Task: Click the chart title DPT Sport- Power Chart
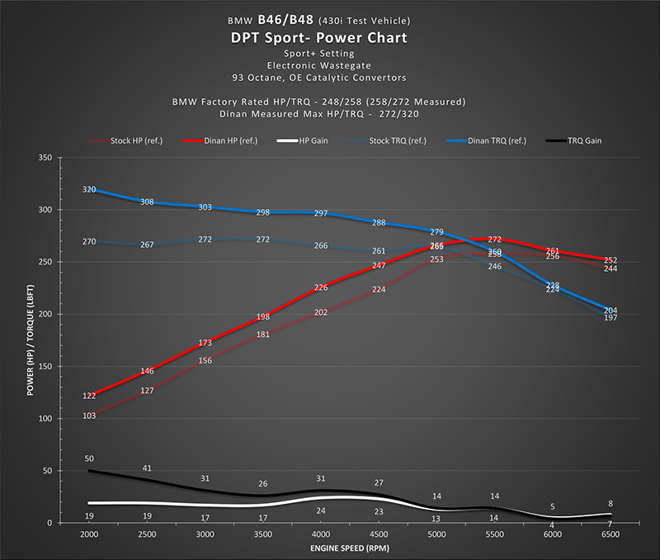(x=329, y=38)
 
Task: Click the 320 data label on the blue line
(x=89, y=190)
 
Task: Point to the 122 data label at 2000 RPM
(x=89, y=396)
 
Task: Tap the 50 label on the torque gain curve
(x=89, y=458)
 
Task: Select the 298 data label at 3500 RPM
(x=263, y=213)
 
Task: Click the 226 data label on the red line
(x=321, y=288)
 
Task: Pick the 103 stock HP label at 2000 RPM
(x=89, y=415)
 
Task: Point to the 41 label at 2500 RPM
(x=147, y=468)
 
